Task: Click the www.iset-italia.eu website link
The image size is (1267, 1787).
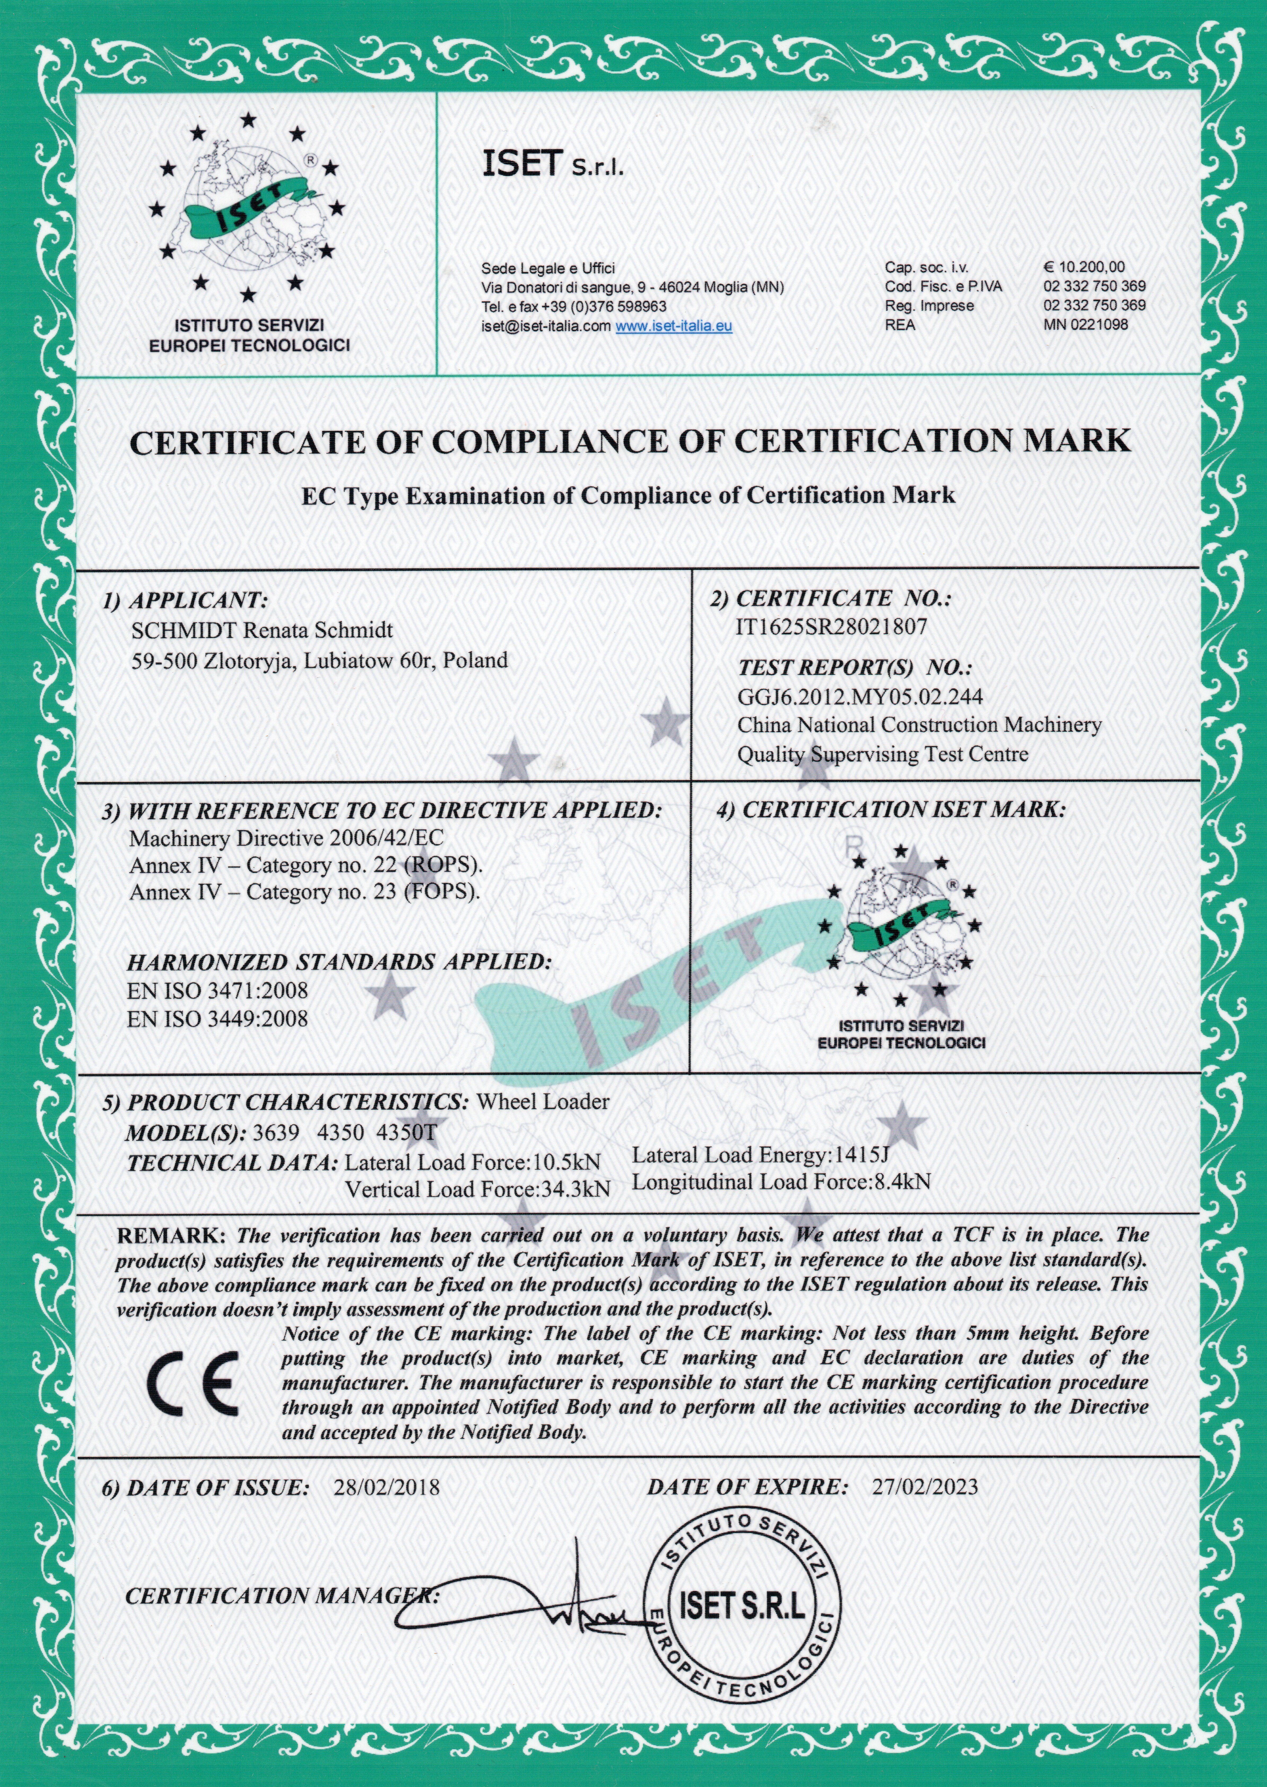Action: pyautogui.click(x=673, y=326)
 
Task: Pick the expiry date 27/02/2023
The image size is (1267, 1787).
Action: pyautogui.click(x=925, y=1487)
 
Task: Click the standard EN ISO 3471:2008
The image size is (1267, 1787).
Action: pyautogui.click(x=218, y=991)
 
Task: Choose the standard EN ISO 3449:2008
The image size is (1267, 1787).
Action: pyautogui.click(x=218, y=1019)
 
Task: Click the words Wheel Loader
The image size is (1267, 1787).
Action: pyautogui.click(x=542, y=1101)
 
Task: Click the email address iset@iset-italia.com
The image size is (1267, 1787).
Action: pyautogui.click(x=546, y=326)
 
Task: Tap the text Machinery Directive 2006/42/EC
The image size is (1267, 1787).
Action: pyautogui.click(x=286, y=839)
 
